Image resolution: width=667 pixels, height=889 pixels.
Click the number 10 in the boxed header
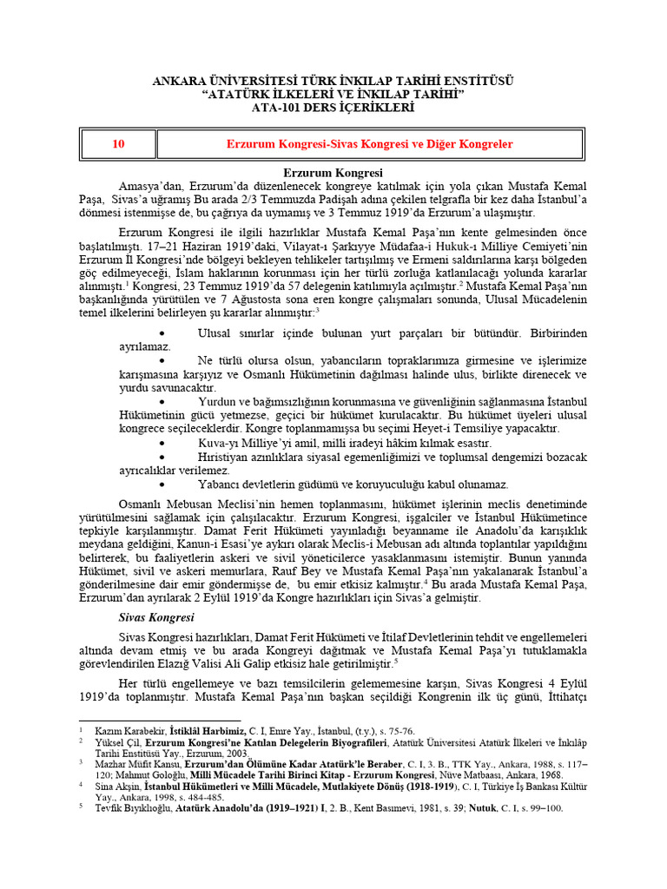point(118,144)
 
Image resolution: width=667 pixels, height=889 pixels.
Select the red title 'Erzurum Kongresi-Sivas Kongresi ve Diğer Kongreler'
point(370,144)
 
